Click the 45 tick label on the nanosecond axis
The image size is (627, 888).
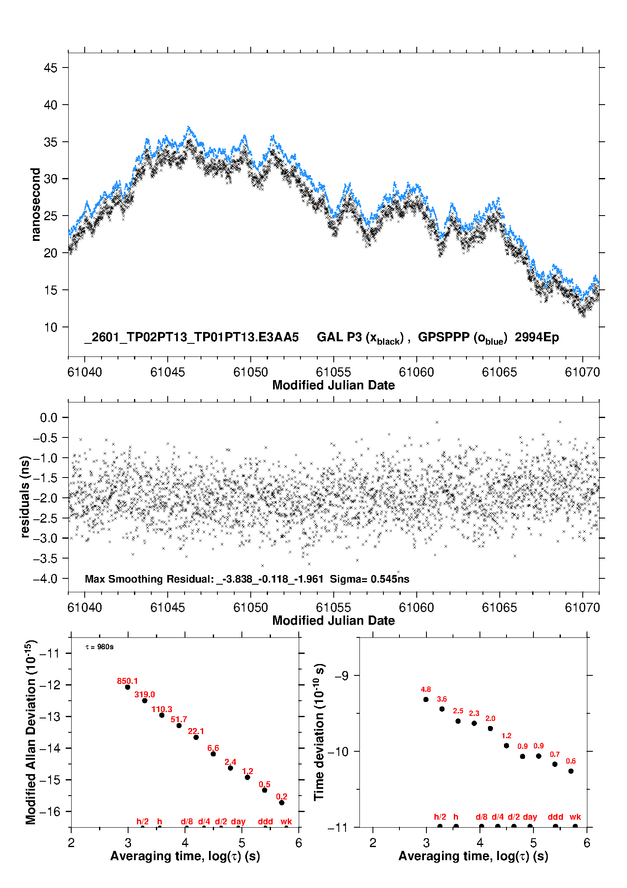[x=50, y=68]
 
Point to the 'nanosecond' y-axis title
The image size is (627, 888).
[x=35, y=205]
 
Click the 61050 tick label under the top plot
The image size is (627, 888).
[x=250, y=372]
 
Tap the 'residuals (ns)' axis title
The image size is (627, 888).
[x=25, y=497]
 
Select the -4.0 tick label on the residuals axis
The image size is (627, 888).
[x=45, y=578]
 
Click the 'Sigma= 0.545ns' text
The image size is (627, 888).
[x=369, y=579]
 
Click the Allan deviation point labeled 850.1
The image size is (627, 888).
[x=128, y=687]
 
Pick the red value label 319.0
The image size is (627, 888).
[x=145, y=694]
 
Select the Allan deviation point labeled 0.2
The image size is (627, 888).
[x=281, y=803]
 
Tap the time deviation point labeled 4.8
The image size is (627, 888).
[x=426, y=699]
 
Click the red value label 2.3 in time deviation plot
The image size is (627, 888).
[x=474, y=713]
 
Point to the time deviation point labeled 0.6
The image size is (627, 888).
[x=571, y=771]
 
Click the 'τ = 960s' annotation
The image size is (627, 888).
[x=99, y=647]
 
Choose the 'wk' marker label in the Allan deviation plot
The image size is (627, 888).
[x=286, y=821]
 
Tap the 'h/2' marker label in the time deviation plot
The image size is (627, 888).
[x=440, y=817]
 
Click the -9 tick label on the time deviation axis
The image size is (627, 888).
[x=342, y=676]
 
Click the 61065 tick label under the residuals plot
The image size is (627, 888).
[x=499, y=607]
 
